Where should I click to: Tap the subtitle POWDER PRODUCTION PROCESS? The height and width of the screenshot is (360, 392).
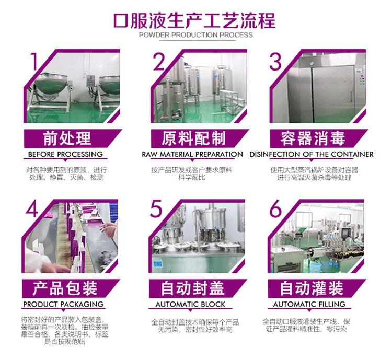[196, 35]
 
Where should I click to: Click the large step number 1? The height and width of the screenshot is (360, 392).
[34, 62]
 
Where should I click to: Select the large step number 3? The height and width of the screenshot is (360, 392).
[275, 62]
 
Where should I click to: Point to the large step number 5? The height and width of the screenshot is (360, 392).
[156, 209]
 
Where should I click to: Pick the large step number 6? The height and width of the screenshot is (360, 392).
[275, 209]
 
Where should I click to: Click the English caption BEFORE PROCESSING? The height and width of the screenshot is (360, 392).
[65, 154]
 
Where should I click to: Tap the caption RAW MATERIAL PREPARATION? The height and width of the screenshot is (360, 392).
[192, 154]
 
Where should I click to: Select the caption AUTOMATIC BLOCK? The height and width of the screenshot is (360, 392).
[190, 304]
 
